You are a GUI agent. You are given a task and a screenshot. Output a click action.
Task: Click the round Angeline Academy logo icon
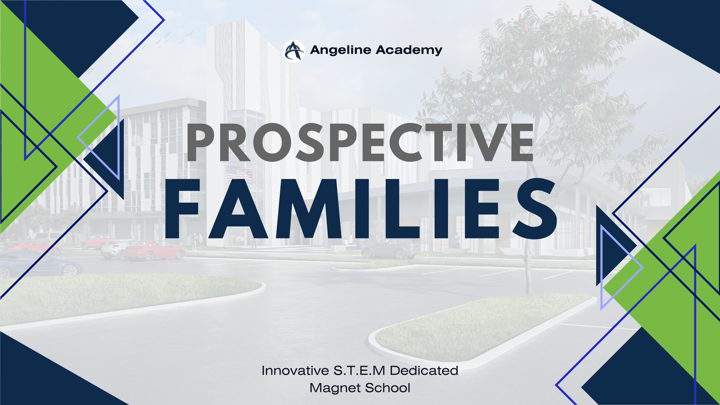click(x=293, y=51)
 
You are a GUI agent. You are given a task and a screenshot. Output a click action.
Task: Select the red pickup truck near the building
click(x=96, y=241)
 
